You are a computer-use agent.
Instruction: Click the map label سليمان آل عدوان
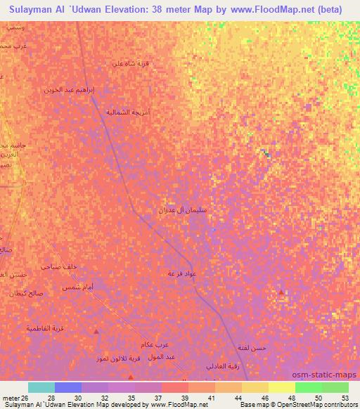coord(182,209)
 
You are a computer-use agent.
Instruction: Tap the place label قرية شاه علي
coord(131,63)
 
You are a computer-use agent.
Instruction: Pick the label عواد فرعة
coord(181,272)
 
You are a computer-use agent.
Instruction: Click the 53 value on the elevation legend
coord(345,398)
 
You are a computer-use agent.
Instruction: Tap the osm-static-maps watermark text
coord(329,374)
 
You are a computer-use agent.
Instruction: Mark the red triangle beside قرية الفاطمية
coord(97,330)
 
